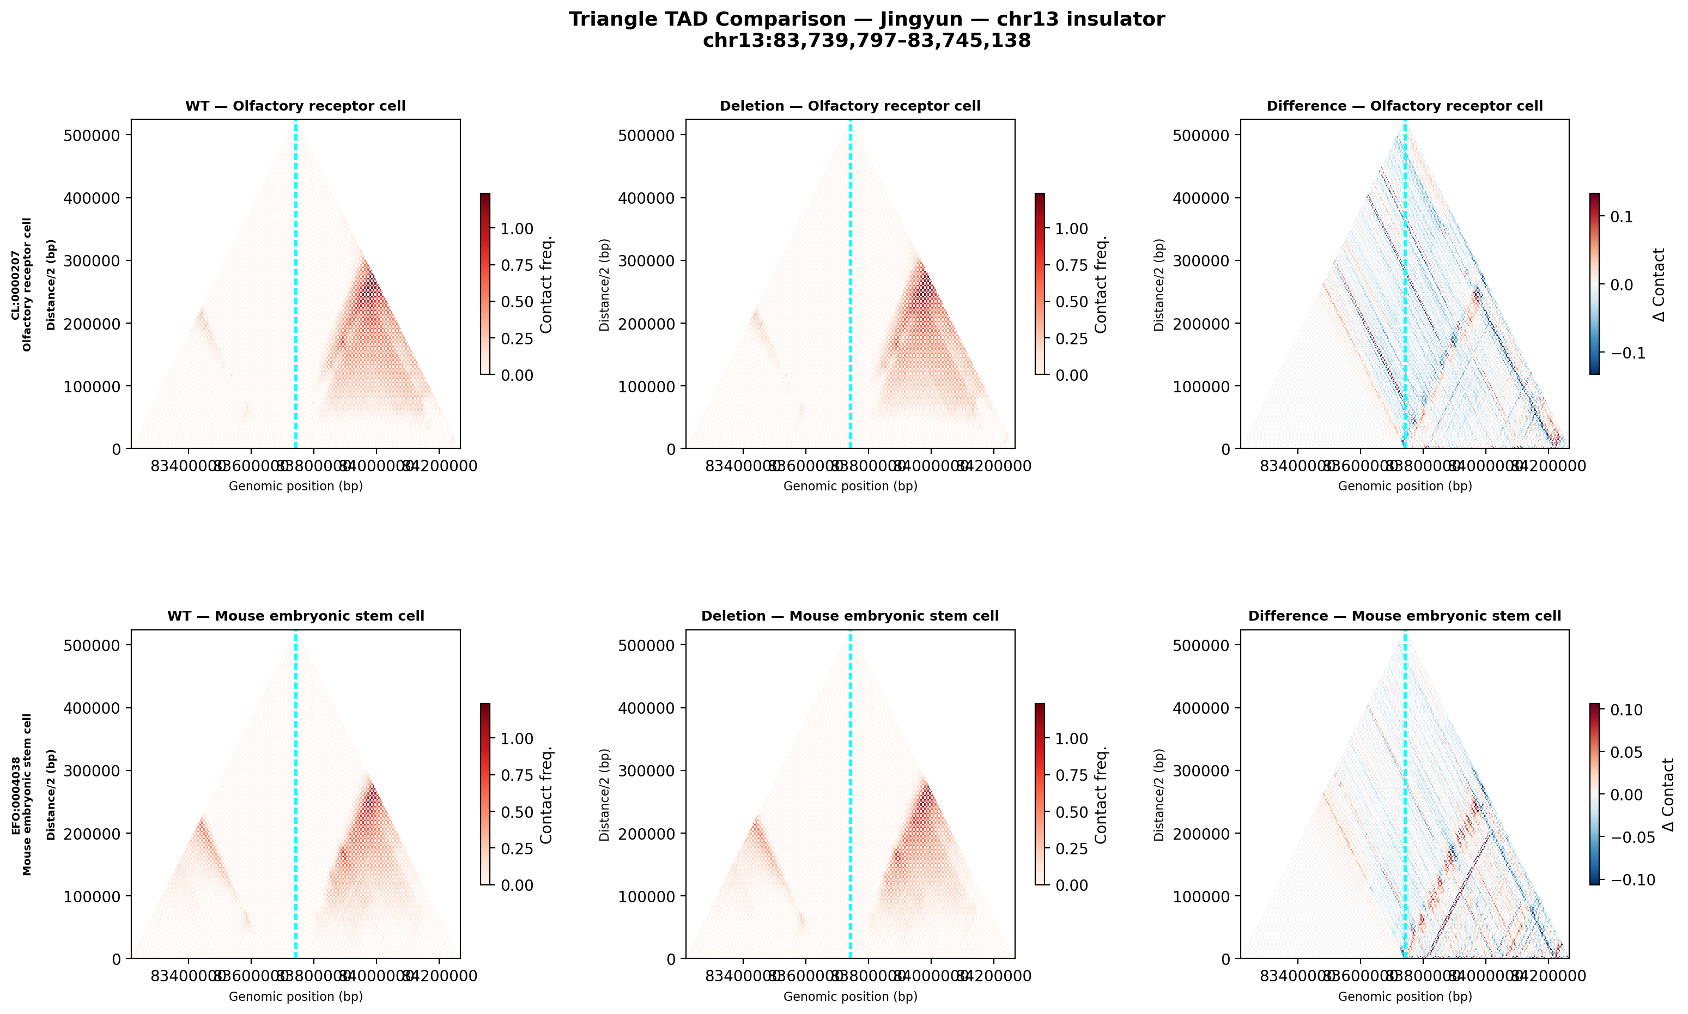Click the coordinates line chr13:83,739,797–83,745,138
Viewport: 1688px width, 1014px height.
[x=866, y=41]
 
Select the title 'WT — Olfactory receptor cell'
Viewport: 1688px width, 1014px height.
[x=295, y=106]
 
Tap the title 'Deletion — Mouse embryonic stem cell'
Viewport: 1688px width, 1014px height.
[x=850, y=616]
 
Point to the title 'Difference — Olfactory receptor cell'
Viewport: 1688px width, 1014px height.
[x=1405, y=106]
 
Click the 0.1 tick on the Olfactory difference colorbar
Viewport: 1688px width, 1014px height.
[x=1622, y=217]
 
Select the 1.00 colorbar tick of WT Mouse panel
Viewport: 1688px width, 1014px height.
[x=517, y=739]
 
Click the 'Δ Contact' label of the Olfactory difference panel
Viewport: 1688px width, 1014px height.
[x=1659, y=284]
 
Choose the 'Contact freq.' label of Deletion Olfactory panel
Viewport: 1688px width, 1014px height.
[x=1101, y=284]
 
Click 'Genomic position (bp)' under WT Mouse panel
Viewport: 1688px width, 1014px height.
[x=295, y=996]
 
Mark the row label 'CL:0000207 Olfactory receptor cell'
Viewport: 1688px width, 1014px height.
[x=21, y=284]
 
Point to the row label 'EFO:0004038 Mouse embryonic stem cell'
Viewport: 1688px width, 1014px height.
[x=21, y=794]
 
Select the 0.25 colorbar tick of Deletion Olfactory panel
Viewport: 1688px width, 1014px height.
[x=1071, y=339]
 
